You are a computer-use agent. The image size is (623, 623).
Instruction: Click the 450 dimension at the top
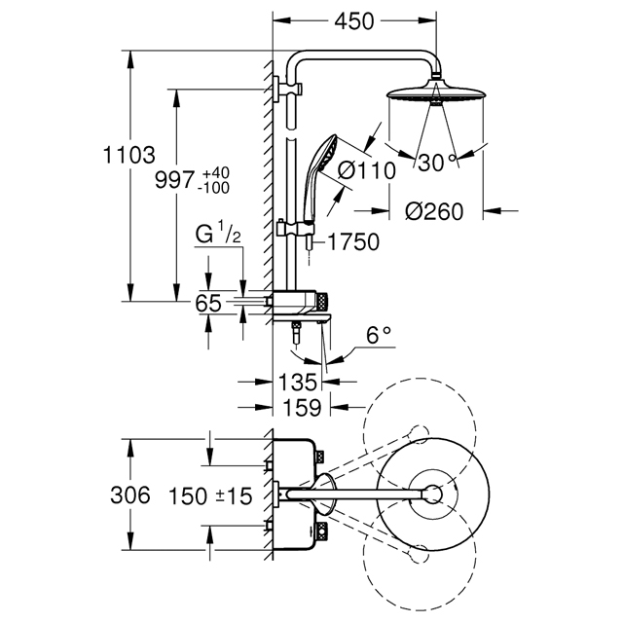354,21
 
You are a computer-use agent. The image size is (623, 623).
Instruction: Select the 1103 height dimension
128,155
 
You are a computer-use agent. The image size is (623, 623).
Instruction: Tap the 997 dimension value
175,180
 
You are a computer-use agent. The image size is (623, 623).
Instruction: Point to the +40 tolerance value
216,173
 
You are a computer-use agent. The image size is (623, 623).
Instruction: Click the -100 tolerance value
213,188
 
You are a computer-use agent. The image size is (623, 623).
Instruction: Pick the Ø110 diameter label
367,171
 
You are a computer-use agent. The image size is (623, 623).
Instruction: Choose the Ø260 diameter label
434,211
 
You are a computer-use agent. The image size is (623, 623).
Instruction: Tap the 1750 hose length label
353,242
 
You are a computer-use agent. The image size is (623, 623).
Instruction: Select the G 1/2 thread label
218,235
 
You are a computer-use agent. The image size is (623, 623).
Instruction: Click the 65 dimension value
208,304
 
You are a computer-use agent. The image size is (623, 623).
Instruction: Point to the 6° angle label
379,335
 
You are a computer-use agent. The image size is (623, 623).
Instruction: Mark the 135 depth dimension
298,383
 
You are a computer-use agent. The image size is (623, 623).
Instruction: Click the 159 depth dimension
303,408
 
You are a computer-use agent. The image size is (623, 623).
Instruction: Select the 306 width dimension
130,495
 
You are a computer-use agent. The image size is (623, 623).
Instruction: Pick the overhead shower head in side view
436,93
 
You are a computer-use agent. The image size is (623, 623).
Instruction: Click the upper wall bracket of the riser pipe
288,88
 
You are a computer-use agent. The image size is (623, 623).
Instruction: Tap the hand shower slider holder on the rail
296,230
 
